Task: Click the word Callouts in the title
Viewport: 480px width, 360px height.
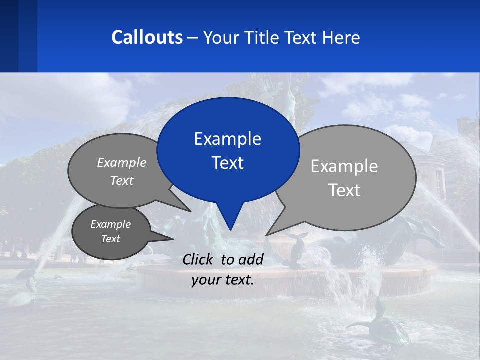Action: click(147, 37)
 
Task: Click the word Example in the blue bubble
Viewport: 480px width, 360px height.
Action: click(228, 139)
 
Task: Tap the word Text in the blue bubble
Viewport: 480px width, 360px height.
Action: click(228, 163)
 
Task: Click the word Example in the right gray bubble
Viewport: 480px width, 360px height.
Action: click(344, 166)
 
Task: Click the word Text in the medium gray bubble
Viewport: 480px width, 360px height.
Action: click(122, 180)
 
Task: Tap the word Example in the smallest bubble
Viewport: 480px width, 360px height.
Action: click(110, 224)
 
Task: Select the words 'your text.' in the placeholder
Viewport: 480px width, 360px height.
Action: click(223, 280)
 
